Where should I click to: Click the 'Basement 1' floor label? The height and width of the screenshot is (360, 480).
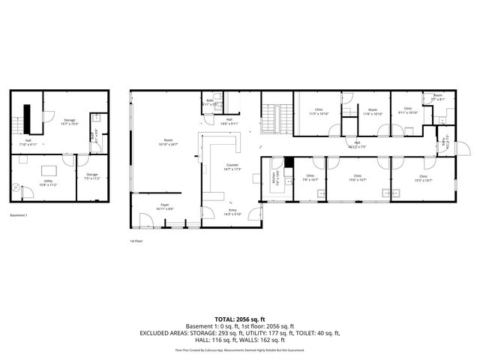point(19,215)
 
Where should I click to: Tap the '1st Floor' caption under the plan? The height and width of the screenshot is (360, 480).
point(136,241)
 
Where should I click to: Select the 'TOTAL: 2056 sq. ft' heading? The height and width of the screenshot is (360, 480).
point(240,319)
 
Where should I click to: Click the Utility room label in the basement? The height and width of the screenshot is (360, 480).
point(49,182)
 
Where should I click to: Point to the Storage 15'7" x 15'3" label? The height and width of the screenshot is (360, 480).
point(70,121)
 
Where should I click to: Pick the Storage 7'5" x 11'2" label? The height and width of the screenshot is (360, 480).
point(91,177)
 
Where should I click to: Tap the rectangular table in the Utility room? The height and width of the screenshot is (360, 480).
point(49,169)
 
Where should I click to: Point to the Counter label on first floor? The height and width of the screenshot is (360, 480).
point(232,166)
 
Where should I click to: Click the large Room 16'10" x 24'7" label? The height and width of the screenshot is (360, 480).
point(169,142)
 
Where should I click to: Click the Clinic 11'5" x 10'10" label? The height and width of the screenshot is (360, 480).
point(319,112)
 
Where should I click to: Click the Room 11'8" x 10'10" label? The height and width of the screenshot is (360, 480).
point(373,112)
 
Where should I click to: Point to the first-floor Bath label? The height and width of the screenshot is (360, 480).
point(211,102)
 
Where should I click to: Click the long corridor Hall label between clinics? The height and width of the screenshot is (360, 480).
point(356,145)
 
